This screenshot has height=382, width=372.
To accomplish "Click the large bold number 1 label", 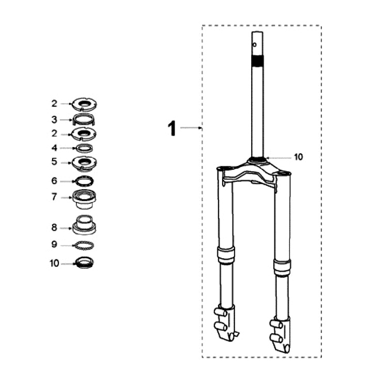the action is (172, 128).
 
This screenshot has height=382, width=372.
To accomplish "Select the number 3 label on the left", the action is (54, 120).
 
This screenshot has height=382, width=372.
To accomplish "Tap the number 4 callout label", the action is (54, 148).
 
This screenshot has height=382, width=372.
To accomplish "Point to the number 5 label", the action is (54, 161).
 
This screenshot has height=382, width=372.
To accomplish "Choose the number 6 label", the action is (54, 181).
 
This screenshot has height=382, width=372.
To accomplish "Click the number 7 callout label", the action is (54, 197).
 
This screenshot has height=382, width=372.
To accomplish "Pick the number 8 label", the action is (54, 228).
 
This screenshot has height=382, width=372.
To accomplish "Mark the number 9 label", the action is (54, 244).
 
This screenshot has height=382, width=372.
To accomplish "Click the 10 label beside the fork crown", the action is (299, 157).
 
